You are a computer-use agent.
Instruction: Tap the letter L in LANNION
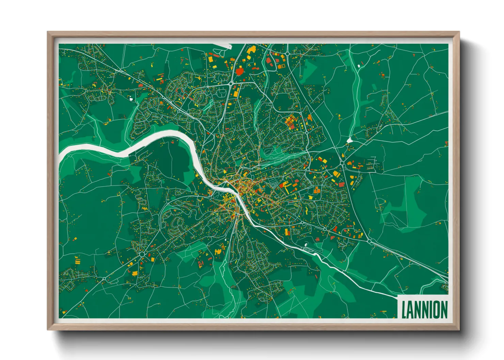pos(404,310)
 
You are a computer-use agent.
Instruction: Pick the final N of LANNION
pos(444,310)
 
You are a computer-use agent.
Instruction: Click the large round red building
pos(240,71)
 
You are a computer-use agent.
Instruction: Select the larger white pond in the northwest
pos(131,99)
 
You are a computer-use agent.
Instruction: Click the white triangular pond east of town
pos(349,140)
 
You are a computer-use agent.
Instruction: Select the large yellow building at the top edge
pos(252,50)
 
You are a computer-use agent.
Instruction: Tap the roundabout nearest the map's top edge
pos(287,53)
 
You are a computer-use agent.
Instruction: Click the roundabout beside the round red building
pos(231,83)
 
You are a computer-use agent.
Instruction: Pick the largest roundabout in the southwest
pos(142,254)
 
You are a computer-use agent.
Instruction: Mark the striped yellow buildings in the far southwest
pos(78,261)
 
